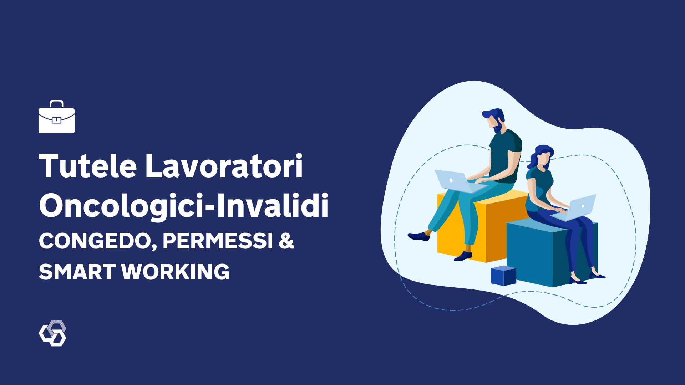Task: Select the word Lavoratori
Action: coord(224,166)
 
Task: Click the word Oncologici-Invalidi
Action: coord(183,206)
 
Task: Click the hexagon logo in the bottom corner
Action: coord(52,333)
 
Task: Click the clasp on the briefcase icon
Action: coord(56,120)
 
